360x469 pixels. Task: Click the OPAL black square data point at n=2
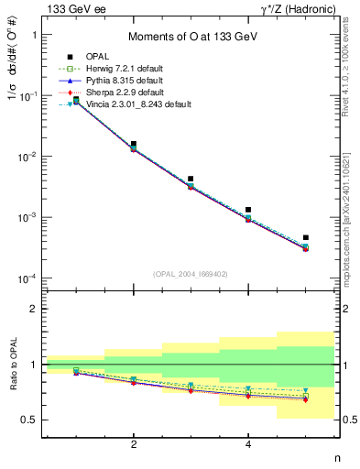[134, 145]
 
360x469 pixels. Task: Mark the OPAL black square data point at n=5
[306, 237]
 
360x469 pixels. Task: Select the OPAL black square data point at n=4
[248, 210]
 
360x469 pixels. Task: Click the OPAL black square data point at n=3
[191, 180]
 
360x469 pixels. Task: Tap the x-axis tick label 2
[134, 444]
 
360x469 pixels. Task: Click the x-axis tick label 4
[248, 444]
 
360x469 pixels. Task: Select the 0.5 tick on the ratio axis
[30, 420]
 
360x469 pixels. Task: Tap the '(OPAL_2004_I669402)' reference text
[190, 273]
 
